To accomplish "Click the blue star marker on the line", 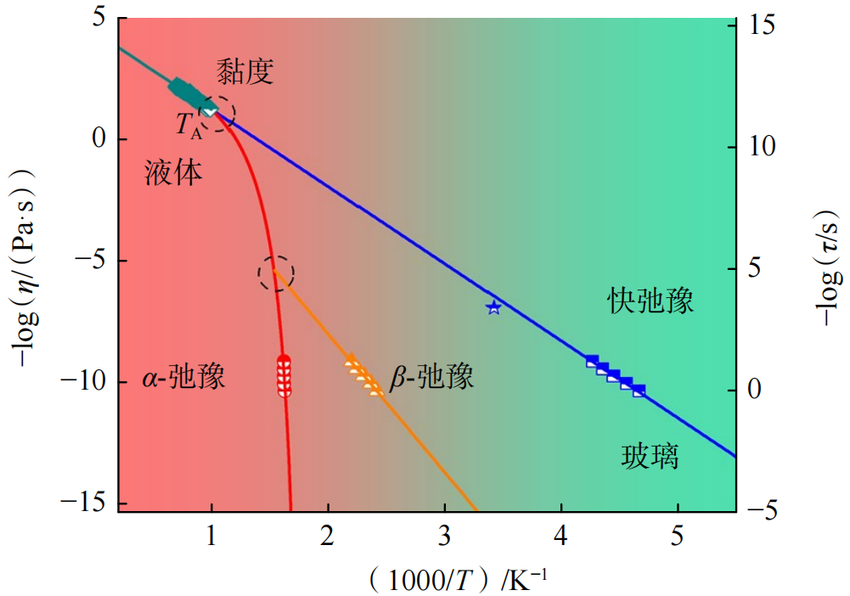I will tap(494, 307).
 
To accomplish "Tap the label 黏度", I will tap(244, 71).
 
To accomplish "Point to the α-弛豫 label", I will tap(183, 377).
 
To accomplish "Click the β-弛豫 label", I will tap(431, 377).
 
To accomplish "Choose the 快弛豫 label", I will tap(650, 300).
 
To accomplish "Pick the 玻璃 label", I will tap(650, 458).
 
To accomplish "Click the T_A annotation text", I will tap(189, 126).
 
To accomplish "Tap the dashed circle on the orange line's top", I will tap(276, 273).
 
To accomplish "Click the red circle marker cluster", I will tap(284, 376).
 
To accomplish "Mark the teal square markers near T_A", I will tap(185, 89).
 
